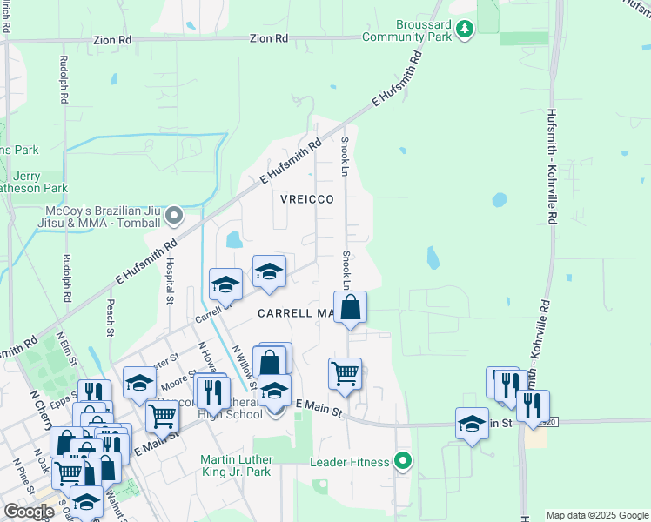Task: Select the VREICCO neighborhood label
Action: click(x=307, y=199)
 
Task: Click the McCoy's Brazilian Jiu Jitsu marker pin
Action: click(x=175, y=214)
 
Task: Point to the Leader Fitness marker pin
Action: click(x=402, y=461)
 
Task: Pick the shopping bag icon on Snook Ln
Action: click(x=350, y=307)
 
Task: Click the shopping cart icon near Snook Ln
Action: click(x=345, y=373)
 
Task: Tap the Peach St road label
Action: click(x=111, y=318)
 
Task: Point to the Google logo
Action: click(x=29, y=511)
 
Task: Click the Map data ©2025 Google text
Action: click(x=597, y=515)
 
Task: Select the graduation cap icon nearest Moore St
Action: click(x=138, y=383)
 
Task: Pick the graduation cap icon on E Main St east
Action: click(x=472, y=424)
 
